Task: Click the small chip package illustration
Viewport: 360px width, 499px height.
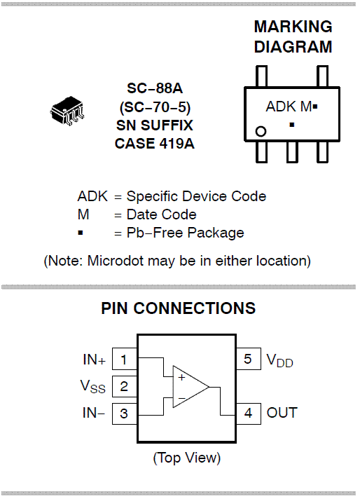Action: [67, 111]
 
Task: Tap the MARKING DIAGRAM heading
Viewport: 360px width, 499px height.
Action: [293, 36]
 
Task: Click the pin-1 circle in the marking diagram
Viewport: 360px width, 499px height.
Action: [261, 131]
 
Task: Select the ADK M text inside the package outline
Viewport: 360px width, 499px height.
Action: [289, 107]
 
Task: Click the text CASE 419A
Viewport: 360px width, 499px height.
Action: [155, 144]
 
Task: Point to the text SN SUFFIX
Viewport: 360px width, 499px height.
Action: [155, 125]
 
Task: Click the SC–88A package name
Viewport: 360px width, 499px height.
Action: [155, 88]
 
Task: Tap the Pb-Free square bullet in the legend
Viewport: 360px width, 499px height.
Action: [81, 233]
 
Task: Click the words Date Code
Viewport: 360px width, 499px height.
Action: [162, 214]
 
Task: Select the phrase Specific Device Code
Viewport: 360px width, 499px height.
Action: [196, 196]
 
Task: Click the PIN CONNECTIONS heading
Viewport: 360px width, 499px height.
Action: [178, 308]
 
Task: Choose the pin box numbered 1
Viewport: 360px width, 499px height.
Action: [125, 359]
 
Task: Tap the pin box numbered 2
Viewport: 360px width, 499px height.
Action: [125, 386]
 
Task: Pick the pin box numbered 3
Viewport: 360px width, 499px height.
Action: [125, 413]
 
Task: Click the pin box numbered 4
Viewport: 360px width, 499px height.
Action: [249, 413]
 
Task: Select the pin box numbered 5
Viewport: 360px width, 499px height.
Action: [249, 359]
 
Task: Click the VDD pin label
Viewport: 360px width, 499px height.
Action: [279, 360]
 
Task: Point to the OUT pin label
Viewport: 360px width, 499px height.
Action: [282, 413]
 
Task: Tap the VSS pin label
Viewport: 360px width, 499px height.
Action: [93, 387]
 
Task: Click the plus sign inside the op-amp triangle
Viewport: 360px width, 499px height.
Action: [181, 378]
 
